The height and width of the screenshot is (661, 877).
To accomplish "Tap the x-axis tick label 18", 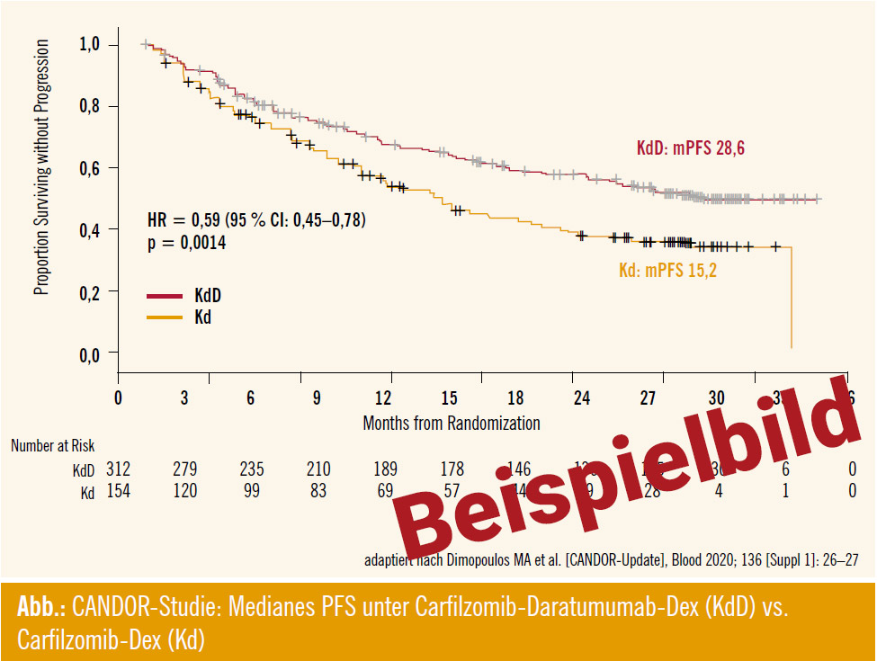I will (515, 398).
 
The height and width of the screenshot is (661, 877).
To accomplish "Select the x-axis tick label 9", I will (317, 398).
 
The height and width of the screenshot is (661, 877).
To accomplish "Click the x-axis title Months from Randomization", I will (451, 422).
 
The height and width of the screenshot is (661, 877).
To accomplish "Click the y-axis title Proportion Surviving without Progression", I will (41, 167).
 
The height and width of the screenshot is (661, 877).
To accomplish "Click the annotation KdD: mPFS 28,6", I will (690, 148).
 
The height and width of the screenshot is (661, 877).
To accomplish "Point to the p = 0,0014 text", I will (186, 243).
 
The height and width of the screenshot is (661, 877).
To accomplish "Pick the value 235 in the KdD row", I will (250, 469).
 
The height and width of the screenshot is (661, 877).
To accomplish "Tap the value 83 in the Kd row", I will (317, 492).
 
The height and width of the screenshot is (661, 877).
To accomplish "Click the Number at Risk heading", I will (52, 445).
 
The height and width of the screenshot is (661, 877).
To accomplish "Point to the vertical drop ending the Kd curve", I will (791, 297).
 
